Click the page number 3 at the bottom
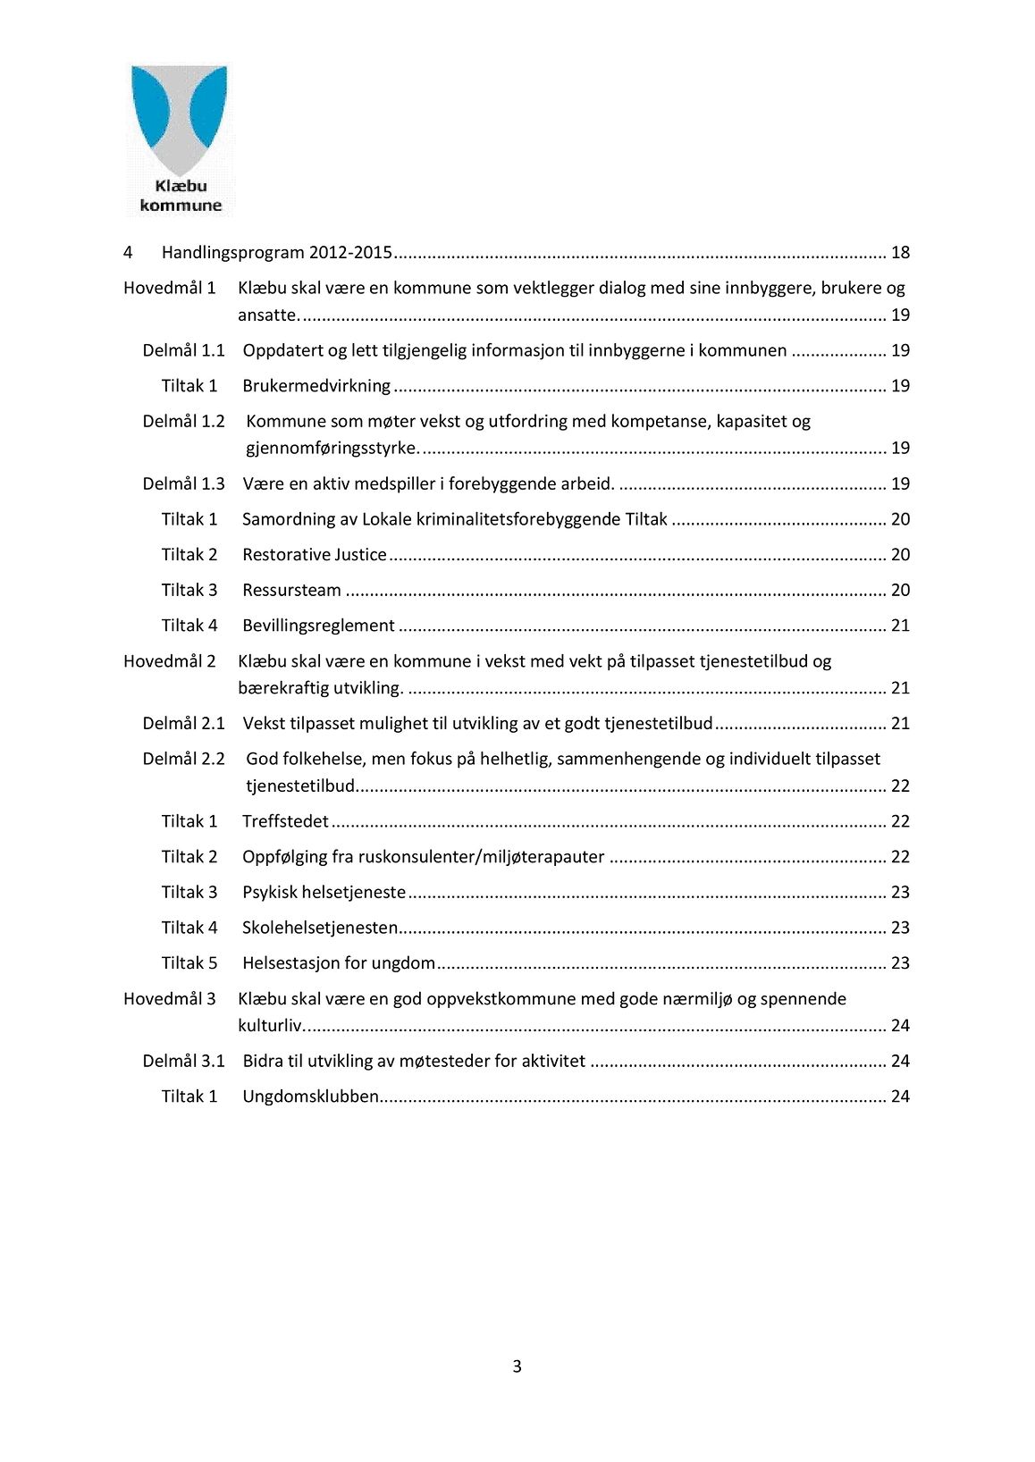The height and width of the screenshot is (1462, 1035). point(517,1366)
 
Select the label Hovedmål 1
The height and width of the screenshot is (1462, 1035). point(170,288)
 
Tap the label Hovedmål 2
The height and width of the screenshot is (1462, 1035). point(170,661)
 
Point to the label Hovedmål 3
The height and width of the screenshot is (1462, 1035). point(170,998)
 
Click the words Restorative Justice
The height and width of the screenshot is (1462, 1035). point(315,555)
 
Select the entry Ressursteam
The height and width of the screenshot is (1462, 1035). point(291,590)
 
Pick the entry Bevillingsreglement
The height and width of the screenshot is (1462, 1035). point(318,626)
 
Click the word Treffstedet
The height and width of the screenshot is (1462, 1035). point(285,821)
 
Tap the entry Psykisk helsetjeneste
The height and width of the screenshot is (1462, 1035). point(324,892)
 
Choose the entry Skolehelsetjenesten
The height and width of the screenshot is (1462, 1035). point(320,928)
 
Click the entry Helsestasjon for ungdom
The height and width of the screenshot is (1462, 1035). point(339,963)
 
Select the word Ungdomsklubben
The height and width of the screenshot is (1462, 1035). point(310,1096)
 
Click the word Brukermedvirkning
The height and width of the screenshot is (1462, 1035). point(316,386)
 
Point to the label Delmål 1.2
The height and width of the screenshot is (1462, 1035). point(183,421)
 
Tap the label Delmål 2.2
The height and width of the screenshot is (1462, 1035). point(183,759)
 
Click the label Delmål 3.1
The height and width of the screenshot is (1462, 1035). point(183,1061)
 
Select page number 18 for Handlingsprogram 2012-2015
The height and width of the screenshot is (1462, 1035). point(900,253)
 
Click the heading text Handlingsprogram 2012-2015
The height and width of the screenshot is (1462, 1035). point(277,253)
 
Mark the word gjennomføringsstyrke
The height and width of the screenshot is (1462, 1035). point(332,448)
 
